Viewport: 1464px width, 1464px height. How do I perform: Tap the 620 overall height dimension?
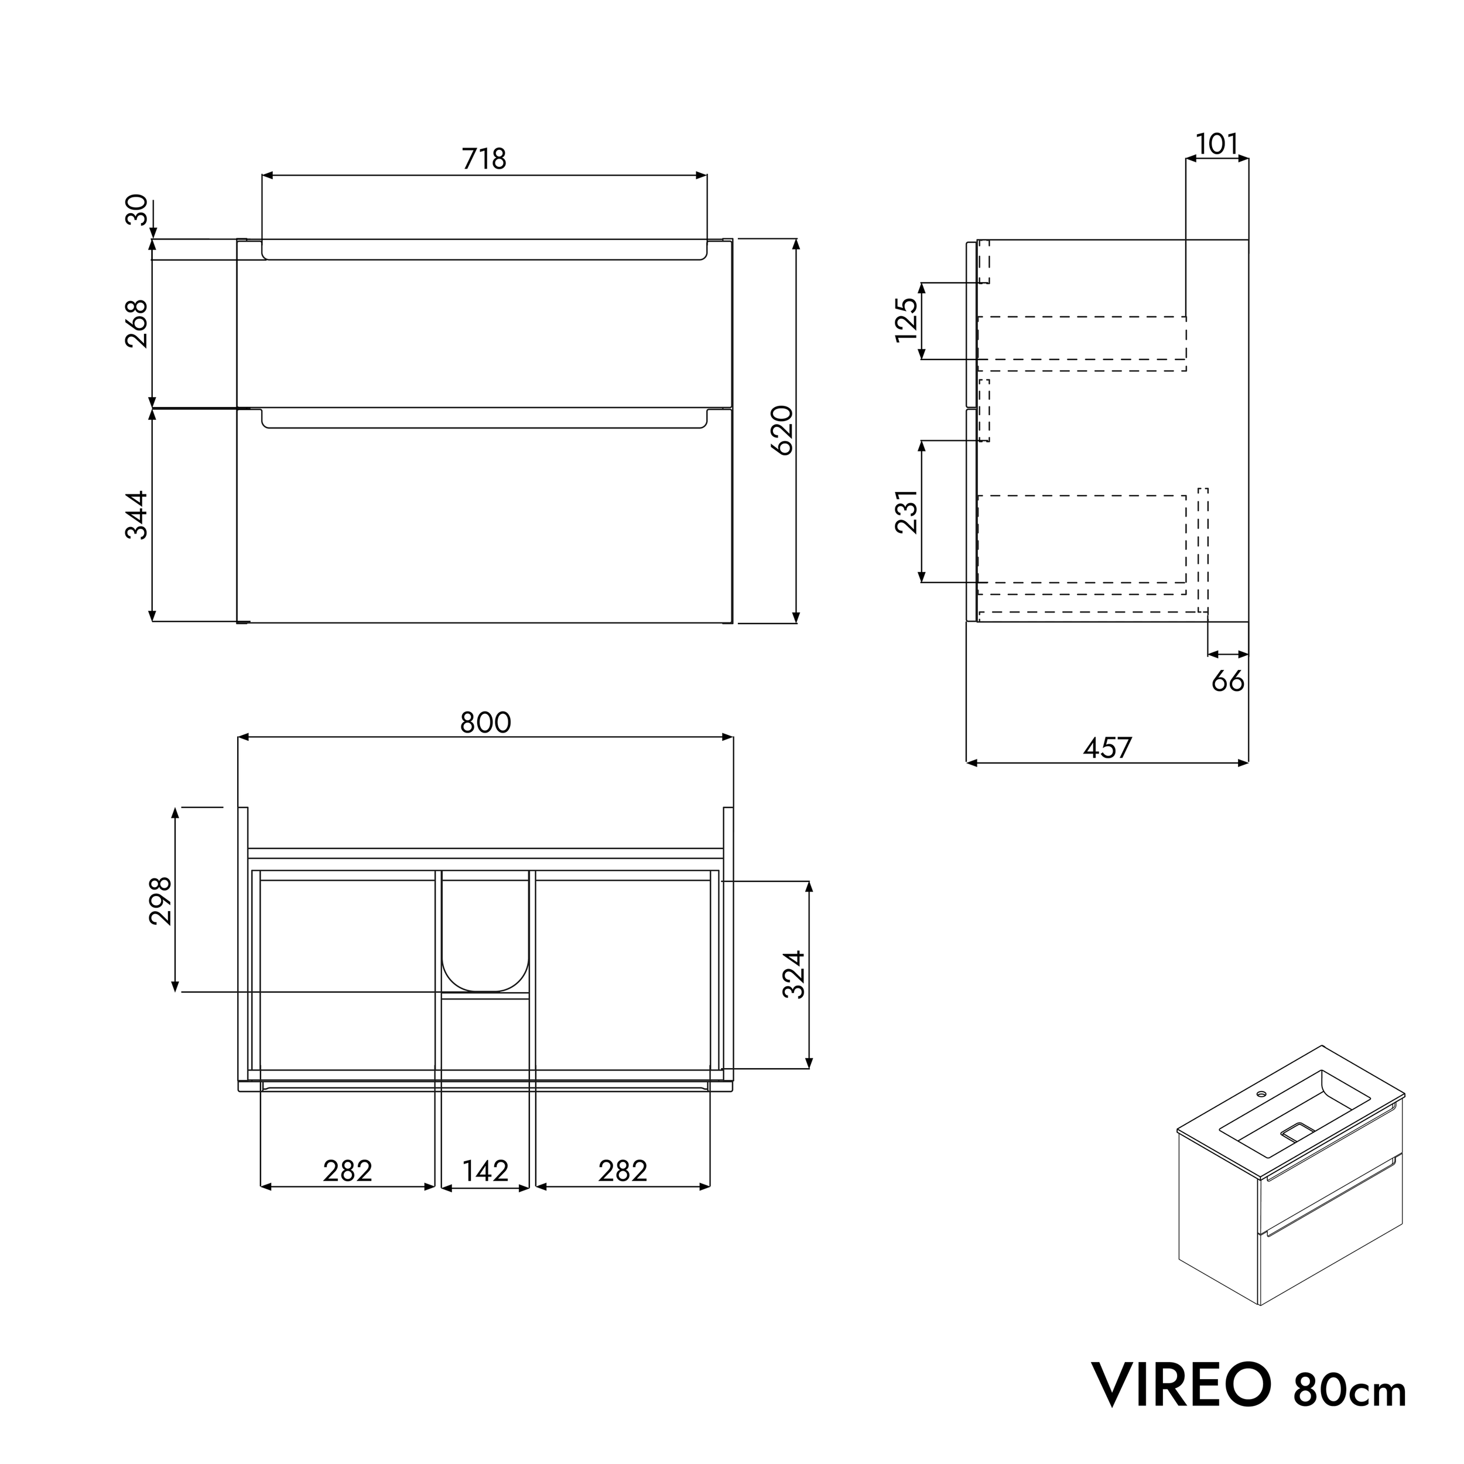pyautogui.click(x=782, y=430)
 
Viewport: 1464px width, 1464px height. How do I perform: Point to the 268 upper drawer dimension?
pyautogui.click(x=137, y=324)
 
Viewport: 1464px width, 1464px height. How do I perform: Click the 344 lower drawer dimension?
pyautogui.click(x=137, y=515)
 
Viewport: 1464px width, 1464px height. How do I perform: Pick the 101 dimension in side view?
pyautogui.click(x=1216, y=144)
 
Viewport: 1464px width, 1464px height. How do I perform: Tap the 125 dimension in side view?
pyautogui.click(x=907, y=320)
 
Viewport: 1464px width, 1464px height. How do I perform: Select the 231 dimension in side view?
pyautogui.click(x=907, y=512)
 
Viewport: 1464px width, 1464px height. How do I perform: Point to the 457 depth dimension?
pyautogui.click(x=1107, y=748)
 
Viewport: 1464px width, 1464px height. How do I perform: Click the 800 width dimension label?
pyautogui.click(x=485, y=723)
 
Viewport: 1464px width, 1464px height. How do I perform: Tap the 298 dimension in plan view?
pyautogui.click(x=160, y=901)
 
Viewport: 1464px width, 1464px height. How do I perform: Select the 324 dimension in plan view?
pyautogui.click(x=794, y=974)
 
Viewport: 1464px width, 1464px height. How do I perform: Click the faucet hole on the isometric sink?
pyautogui.click(x=1263, y=1095)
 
